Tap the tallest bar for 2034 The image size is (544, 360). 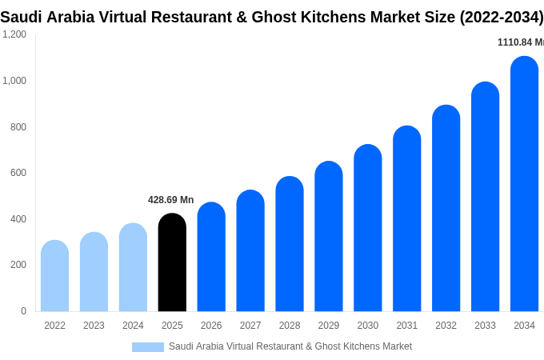point(524,184)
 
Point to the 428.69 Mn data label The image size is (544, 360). point(170,200)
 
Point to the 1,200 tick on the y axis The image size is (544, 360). point(14,34)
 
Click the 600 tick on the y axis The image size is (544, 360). point(18,173)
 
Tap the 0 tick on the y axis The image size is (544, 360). point(23,311)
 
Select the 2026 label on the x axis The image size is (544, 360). point(211,326)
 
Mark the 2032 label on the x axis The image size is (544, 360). point(446,326)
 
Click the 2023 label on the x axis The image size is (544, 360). point(94,326)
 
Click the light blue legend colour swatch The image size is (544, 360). point(148,347)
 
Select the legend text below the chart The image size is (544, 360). point(290,346)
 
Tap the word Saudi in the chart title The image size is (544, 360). point(22,17)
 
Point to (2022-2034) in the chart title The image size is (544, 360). point(501,17)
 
